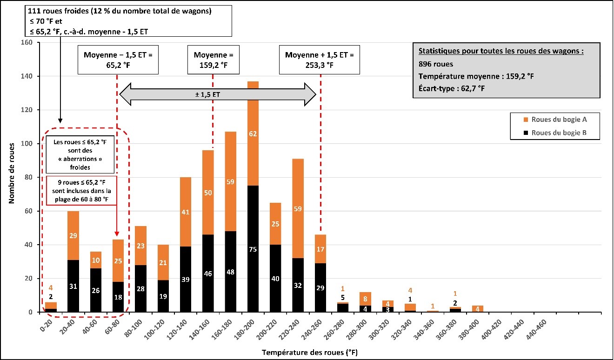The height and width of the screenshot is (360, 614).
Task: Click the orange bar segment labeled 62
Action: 253,133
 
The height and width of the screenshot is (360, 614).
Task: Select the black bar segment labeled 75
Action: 253,249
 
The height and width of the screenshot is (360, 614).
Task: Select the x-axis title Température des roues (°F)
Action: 309,352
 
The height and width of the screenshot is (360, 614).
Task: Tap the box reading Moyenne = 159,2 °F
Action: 213,60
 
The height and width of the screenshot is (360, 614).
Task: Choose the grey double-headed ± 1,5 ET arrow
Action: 218,94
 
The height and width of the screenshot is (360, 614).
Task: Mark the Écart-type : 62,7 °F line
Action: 452,87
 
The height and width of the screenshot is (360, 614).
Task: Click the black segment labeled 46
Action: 208,273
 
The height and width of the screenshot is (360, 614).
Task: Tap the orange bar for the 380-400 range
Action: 477,309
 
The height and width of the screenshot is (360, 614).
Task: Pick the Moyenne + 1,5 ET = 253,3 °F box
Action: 320,60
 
